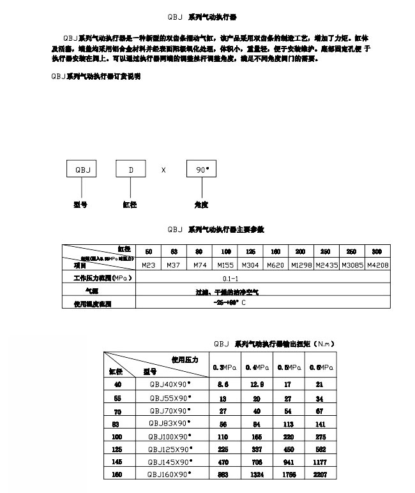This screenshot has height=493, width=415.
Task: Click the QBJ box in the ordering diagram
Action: click(82, 170)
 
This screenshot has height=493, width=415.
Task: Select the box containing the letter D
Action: click(131, 170)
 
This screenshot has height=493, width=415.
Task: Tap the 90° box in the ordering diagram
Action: click(202, 170)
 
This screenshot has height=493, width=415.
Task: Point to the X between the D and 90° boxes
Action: click(163, 170)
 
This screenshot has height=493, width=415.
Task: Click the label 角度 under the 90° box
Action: click(201, 205)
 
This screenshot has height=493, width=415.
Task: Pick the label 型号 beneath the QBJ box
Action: click(80, 205)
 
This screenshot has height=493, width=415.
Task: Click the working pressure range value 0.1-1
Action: click(230, 279)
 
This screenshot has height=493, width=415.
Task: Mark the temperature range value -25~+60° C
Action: click(230, 303)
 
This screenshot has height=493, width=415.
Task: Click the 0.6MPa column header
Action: click(319, 367)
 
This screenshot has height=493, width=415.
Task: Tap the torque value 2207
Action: click(319, 475)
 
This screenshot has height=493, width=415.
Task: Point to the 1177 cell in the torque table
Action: click(319, 462)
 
